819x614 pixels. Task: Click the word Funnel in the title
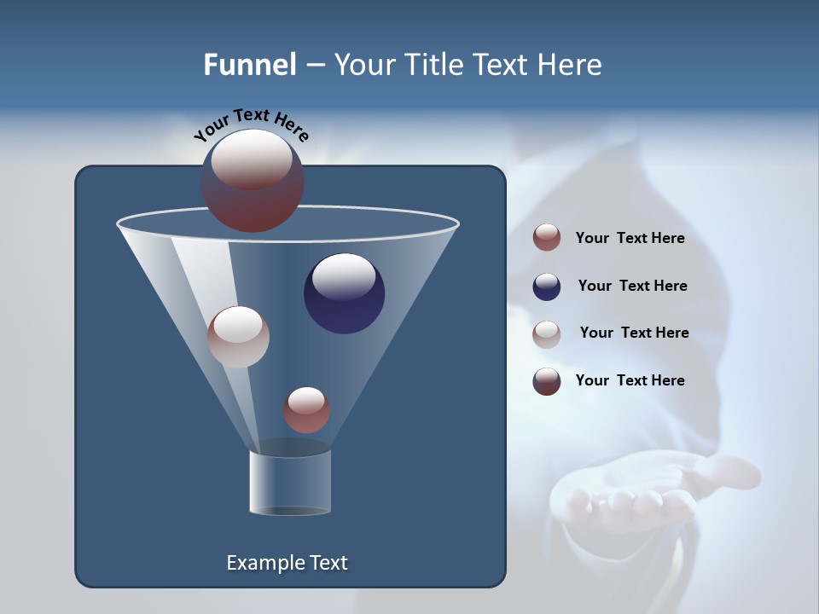click(249, 65)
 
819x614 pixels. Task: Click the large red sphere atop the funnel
click(253, 181)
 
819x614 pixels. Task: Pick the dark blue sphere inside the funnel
click(344, 293)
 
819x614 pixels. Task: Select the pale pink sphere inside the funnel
click(238, 337)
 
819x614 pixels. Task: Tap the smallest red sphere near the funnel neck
click(306, 410)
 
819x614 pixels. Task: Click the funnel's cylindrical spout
click(290, 482)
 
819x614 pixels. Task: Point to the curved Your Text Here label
click(251, 125)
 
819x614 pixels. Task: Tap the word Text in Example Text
click(328, 563)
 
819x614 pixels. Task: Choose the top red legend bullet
click(547, 238)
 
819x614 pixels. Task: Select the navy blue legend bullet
click(547, 287)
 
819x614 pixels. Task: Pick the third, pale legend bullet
click(547, 334)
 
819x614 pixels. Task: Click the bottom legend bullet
click(547, 381)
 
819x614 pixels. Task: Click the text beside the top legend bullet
click(630, 239)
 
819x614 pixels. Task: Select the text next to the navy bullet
click(632, 286)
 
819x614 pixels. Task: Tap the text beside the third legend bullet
click(634, 333)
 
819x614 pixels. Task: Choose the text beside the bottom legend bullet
click(630, 380)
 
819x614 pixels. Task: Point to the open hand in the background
click(648, 495)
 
